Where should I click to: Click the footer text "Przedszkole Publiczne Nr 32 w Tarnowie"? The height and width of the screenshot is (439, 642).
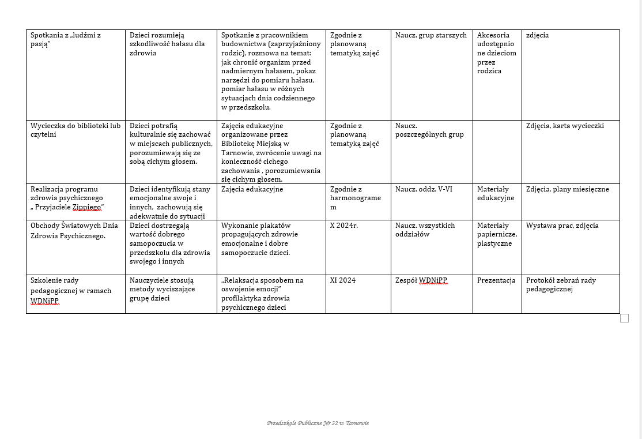pos(318,423)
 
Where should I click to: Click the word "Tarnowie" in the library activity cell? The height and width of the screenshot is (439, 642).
pos(236,152)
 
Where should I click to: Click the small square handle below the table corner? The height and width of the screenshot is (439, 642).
pos(624,318)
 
